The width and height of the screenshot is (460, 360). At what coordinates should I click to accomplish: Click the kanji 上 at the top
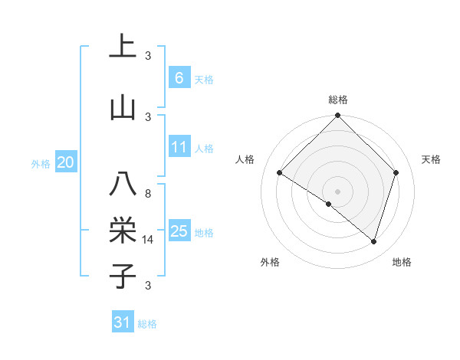pyautogui.click(x=123, y=47)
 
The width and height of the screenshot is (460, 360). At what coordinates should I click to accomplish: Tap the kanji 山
pyautogui.click(x=123, y=108)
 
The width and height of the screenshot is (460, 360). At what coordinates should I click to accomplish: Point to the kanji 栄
pyautogui.click(x=123, y=230)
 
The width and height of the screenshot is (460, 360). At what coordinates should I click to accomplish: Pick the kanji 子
pyautogui.click(x=123, y=276)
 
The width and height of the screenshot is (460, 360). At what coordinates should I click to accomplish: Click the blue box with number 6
pyautogui.click(x=179, y=78)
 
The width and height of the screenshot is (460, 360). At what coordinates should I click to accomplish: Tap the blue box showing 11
pyautogui.click(x=179, y=147)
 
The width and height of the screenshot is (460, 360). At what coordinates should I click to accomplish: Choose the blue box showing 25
pyautogui.click(x=179, y=231)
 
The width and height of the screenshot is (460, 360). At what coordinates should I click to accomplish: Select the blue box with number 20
pyautogui.click(x=66, y=162)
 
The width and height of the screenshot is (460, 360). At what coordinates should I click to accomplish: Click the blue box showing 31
pyautogui.click(x=123, y=322)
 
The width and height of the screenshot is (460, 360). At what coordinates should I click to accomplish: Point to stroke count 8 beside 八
pyautogui.click(x=148, y=194)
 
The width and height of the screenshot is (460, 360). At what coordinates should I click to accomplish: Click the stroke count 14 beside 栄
pyautogui.click(x=148, y=240)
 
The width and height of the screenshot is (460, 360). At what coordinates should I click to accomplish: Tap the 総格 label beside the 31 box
pyautogui.click(x=147, y=324)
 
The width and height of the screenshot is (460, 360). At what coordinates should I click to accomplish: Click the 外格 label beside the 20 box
pyautogui.click(x=41, y=163)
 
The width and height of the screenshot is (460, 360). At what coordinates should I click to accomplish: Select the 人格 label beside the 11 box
pyautogui.click(x=204, y=149)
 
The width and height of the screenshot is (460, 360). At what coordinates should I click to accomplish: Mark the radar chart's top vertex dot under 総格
pyautogui.click(x=337, y=116)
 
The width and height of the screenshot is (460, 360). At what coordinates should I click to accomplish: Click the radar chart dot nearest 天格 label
pyautogui.click(x=396, y=172)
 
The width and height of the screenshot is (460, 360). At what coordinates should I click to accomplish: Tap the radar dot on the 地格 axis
pyautogui.click(x=373, y=241)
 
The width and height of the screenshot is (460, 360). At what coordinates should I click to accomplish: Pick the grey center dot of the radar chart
pyautogui.click(x=337, y=191)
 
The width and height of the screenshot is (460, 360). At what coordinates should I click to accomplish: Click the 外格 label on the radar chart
pyautogui.click(x=270, y=262)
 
